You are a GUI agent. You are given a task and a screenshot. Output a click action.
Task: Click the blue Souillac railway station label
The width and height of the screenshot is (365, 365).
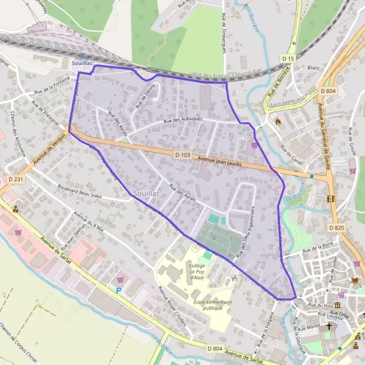click(x=81, y=63)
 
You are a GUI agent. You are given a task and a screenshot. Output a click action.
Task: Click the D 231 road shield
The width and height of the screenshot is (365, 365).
click(x=16, y=179)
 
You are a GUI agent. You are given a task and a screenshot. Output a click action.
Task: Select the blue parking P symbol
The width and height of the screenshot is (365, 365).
click(x=119, y=291)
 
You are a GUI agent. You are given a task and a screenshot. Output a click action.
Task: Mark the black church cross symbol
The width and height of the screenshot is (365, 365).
click(x=330, y=326)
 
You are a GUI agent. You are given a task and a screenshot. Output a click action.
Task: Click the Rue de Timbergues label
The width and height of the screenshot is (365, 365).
click(x=224, y=33)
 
